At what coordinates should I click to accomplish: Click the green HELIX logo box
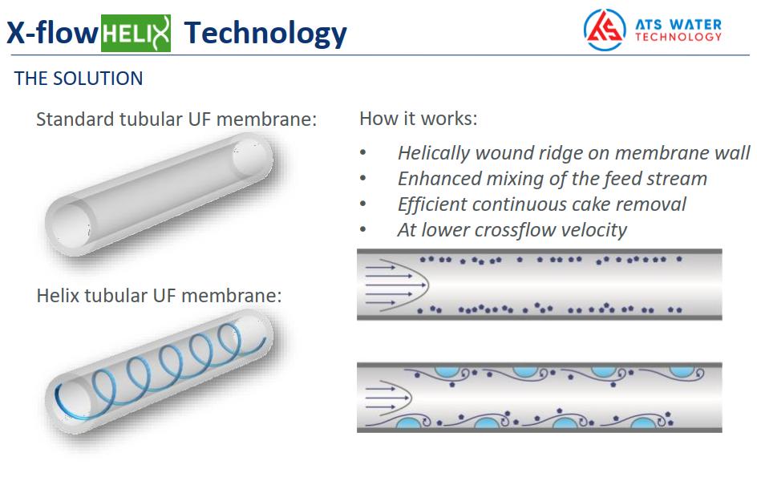click(136, 34)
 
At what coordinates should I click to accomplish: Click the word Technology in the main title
click(265, 34)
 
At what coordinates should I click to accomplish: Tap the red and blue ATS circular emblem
click(605, 30)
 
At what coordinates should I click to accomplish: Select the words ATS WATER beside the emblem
click(678, 24)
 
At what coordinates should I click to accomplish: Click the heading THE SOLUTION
click(79, 78)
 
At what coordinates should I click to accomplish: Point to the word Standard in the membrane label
click(75, 119)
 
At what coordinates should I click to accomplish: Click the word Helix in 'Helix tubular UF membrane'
click(58, 295)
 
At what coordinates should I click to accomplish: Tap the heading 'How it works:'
click(418, 118)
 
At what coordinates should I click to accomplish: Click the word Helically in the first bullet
click(434, 153)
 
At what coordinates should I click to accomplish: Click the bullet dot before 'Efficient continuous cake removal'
click(363, 204)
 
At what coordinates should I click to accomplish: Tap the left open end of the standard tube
click(71, 225)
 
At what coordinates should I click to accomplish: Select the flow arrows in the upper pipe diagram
click(389, 285)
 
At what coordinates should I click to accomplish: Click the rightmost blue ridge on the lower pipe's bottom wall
click(642, 423)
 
